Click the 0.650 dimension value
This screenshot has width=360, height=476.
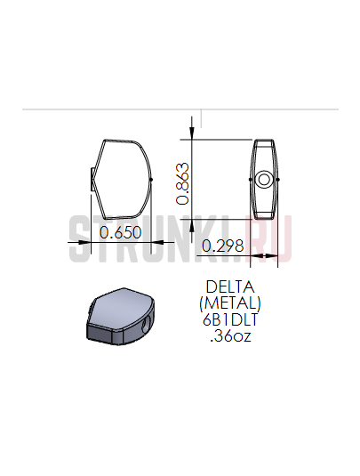point(120,232)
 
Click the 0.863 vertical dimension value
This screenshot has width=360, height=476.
point(183,184)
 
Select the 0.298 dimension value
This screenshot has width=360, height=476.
point(222,246)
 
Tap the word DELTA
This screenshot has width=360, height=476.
point(230,286)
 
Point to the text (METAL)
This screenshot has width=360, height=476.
point(230,303)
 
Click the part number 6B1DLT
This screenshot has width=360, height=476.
point(230,319)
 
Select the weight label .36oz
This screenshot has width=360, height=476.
point(230,336)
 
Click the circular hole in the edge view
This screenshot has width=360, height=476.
point(264,180)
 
